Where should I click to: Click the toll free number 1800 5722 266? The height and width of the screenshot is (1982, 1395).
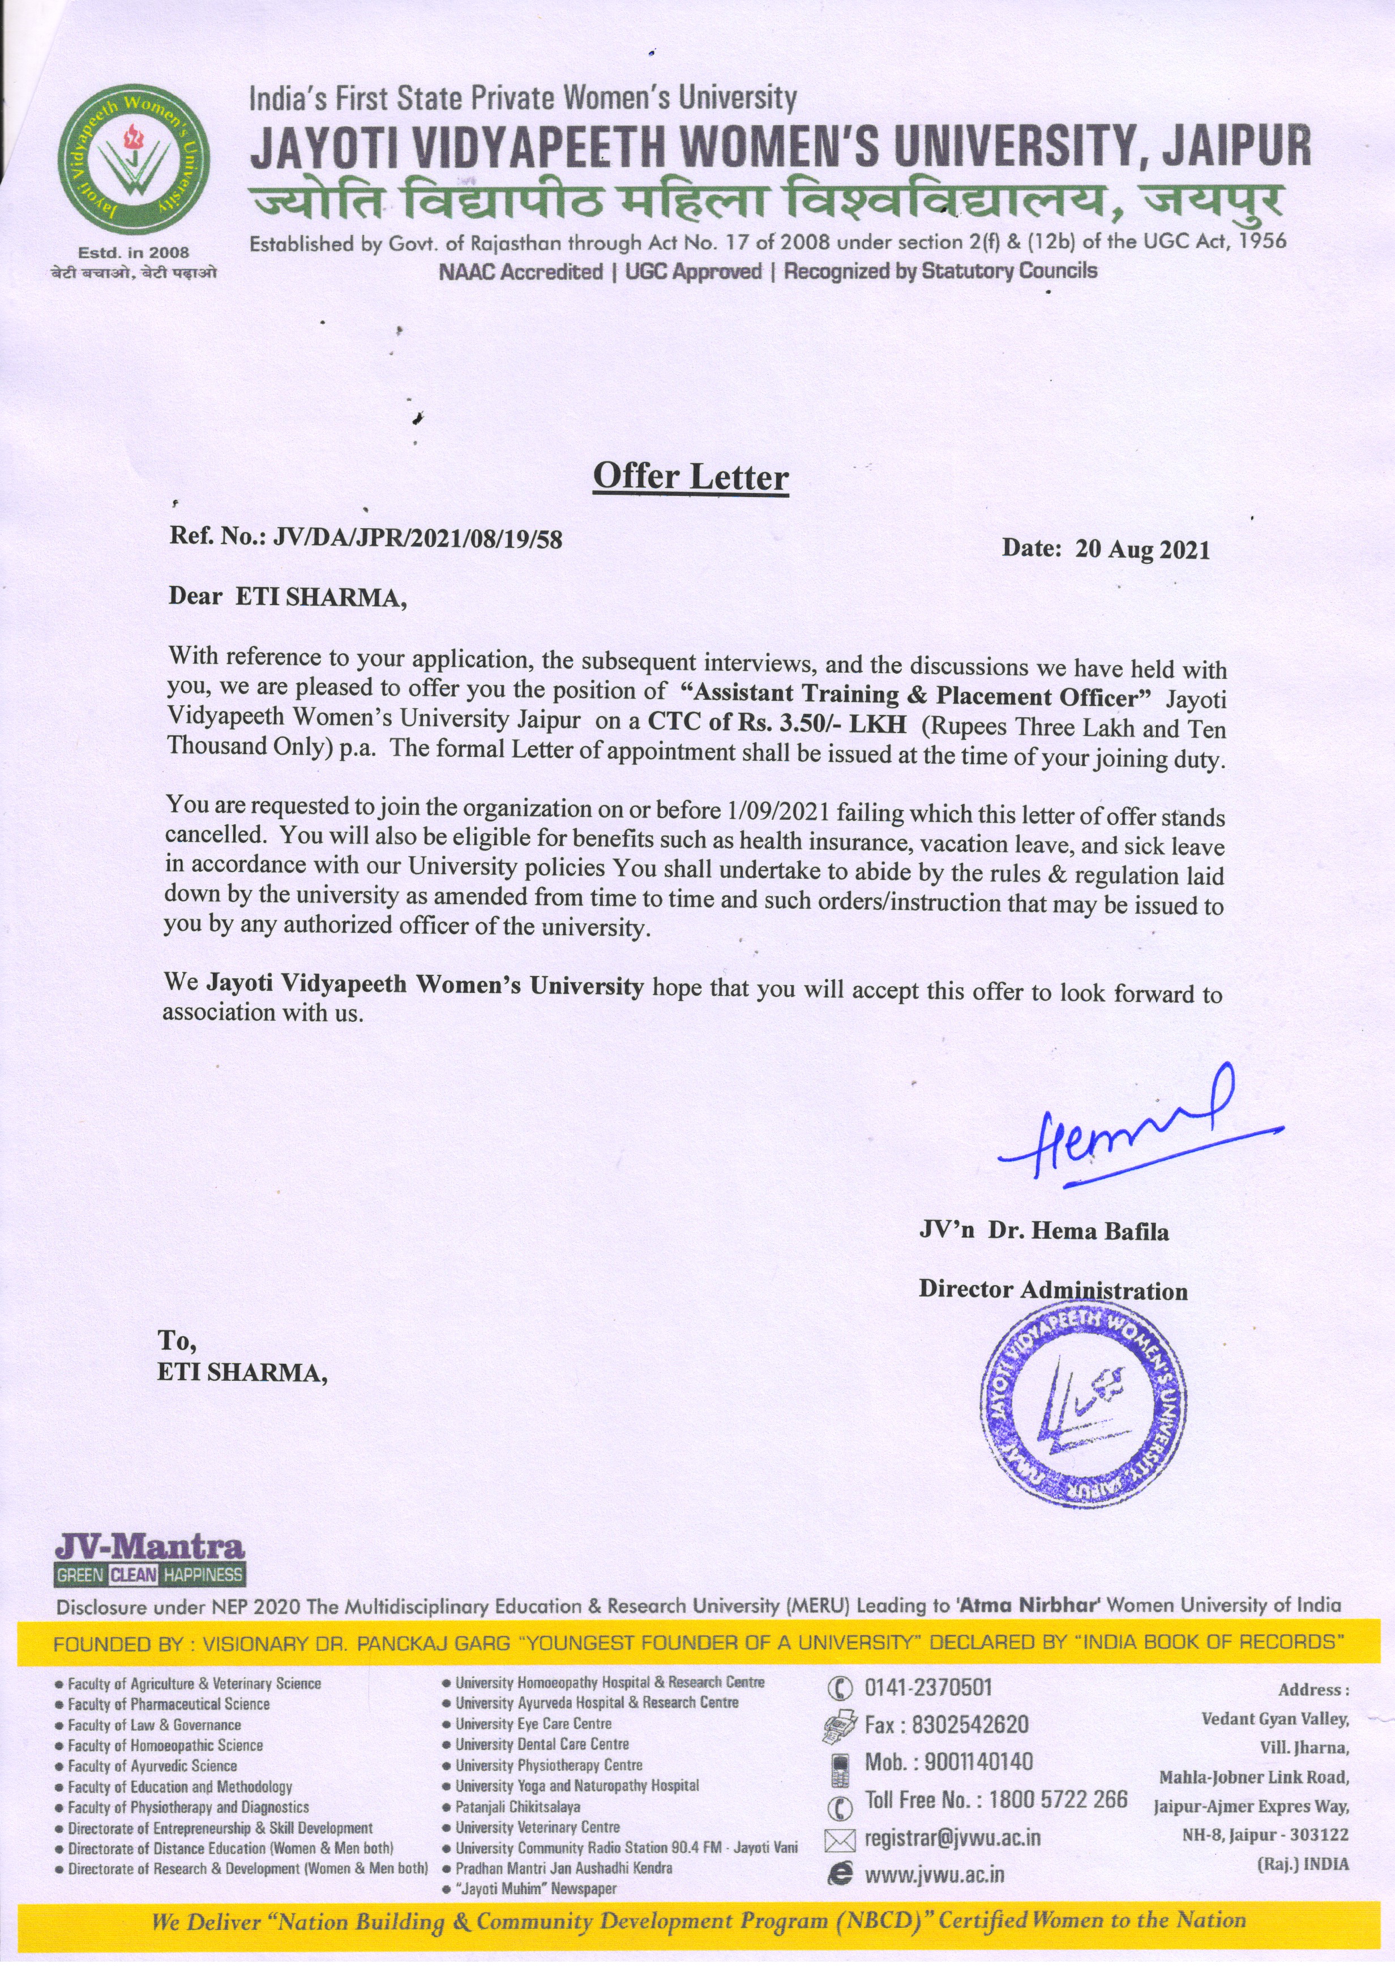tap(1058, 1799)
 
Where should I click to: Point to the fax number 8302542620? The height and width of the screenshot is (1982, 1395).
tap(969, 1725)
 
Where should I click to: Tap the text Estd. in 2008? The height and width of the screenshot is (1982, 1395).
tap(133, 253)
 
